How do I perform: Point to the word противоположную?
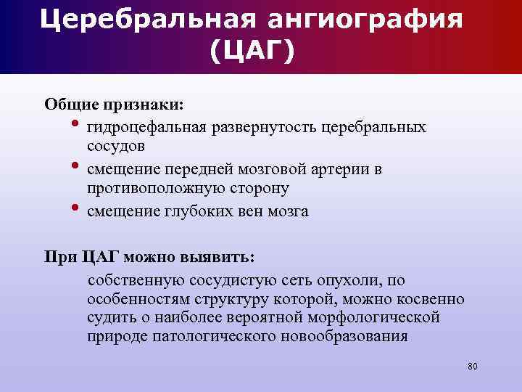[x=157, y=188]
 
